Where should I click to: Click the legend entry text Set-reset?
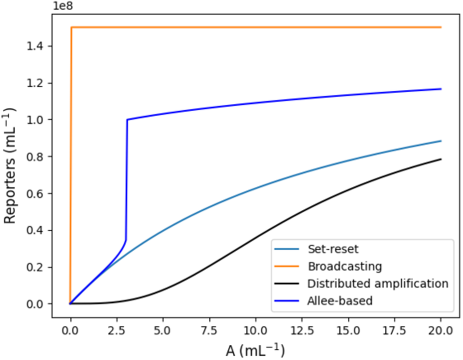pos(332,249)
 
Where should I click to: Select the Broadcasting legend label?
pos(344,266)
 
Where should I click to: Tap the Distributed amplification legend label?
pos(378,284)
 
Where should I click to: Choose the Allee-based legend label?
pos(340,301)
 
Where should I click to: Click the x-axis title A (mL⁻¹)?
pos(255,349)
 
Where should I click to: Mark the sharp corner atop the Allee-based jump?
pos(127,120)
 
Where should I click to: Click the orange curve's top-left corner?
pos(71,27)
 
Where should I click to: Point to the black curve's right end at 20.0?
pos(441,159)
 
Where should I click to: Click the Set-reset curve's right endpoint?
pos(441,141)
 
